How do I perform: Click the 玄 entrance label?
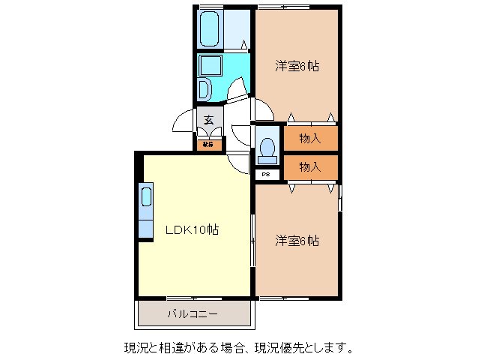coord(210,119)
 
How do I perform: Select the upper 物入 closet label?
coord(309,138)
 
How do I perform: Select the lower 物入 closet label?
coord(309,166)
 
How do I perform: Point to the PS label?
coord(266,175)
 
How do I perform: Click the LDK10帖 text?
coord(192,230)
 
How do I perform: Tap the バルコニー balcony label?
coord(193,313)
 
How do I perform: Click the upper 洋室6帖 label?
coord(297,66)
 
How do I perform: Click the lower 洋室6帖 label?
coord(297,241)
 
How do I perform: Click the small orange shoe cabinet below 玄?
coord(210,143)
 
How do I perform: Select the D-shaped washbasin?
coord(205,91)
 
